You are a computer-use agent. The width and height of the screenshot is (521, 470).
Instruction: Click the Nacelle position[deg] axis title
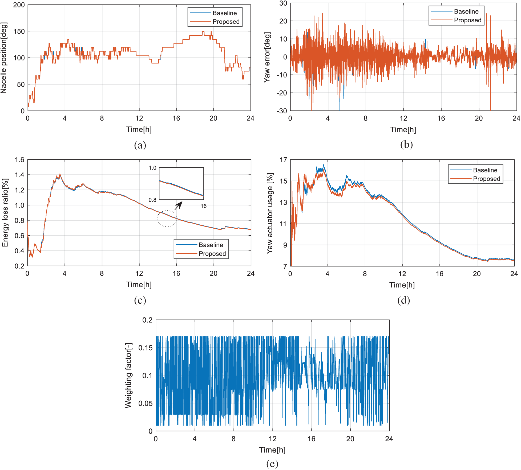(x=4, y=58)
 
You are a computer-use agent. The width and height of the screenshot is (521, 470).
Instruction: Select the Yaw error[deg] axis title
(x=267, y=57)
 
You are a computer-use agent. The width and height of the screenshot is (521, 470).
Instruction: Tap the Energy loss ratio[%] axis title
(x=5, y=213)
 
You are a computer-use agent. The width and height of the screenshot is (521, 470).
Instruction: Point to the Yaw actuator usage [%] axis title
(x=270, y=213)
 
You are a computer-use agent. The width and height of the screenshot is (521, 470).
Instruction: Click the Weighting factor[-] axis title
(x=128, y=376)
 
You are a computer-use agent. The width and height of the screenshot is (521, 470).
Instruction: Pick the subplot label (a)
(x=140, y=145)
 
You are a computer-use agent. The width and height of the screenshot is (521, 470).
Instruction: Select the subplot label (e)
(x=272, y=464)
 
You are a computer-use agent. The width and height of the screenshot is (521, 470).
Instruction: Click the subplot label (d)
(x=403, y=300)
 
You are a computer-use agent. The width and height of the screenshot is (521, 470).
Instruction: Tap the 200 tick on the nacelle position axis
(x=19, y=5)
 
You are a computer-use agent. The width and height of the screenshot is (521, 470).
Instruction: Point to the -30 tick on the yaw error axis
(x=282, y=111)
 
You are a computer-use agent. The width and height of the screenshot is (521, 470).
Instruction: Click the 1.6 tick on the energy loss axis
(x=19, y=160)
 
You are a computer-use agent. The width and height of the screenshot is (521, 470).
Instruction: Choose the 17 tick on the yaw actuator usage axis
(x=284, y=160)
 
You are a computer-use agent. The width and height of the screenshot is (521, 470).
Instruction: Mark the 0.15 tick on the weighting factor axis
(x=146, y=348)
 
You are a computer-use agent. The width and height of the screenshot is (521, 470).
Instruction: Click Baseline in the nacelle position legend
(x=224, y=13)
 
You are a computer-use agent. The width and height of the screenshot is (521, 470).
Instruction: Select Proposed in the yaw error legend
(x=467, y=20)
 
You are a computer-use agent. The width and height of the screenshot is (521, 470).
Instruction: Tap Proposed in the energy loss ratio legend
(x=212, y=254)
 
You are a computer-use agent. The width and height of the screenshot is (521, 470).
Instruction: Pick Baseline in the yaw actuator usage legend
(x=485, y=170)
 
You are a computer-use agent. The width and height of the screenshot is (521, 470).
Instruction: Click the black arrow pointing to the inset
(x=179, y=205)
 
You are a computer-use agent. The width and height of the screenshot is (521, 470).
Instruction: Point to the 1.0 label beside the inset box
(x=152, y=168)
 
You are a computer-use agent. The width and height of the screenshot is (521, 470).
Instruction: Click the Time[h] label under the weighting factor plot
(x=272, y=450)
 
